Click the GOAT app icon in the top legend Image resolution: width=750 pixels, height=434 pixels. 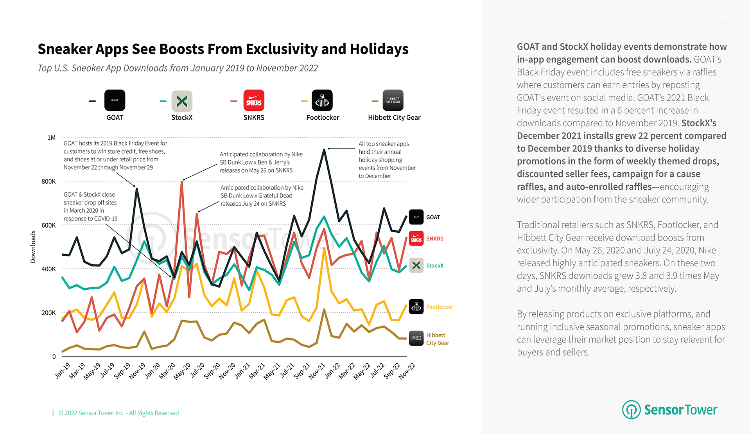tap(115, 100)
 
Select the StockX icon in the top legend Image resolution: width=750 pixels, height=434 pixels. tap(182, 101)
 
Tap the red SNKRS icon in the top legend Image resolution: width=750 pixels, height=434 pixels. tap(254, 100)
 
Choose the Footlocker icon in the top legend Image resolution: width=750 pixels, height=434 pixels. tap(322, 100)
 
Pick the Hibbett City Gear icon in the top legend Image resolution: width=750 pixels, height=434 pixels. tap(393, 100)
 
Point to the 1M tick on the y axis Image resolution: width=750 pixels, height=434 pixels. tap(51, 138)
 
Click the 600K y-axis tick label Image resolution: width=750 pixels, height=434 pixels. tap(48, 225)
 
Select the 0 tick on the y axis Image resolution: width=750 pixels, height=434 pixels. tap(54, 357)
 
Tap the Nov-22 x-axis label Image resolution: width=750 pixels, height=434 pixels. tap(407, 371)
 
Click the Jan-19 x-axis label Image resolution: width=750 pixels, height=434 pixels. tap(62, 371)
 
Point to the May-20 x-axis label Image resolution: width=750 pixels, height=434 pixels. tap(182, 371)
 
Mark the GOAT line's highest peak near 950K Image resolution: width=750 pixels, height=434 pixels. tap(324, 150)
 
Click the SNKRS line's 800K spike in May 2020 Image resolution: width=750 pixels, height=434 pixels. tap(182, 181)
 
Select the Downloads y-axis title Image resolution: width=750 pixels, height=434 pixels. tap(33, 247)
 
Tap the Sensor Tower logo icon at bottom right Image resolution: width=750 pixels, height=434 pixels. tap(631, 409)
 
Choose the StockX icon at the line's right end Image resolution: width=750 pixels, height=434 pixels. tap(416, 265)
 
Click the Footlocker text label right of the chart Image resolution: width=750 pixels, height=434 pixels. tap(440, 307)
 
